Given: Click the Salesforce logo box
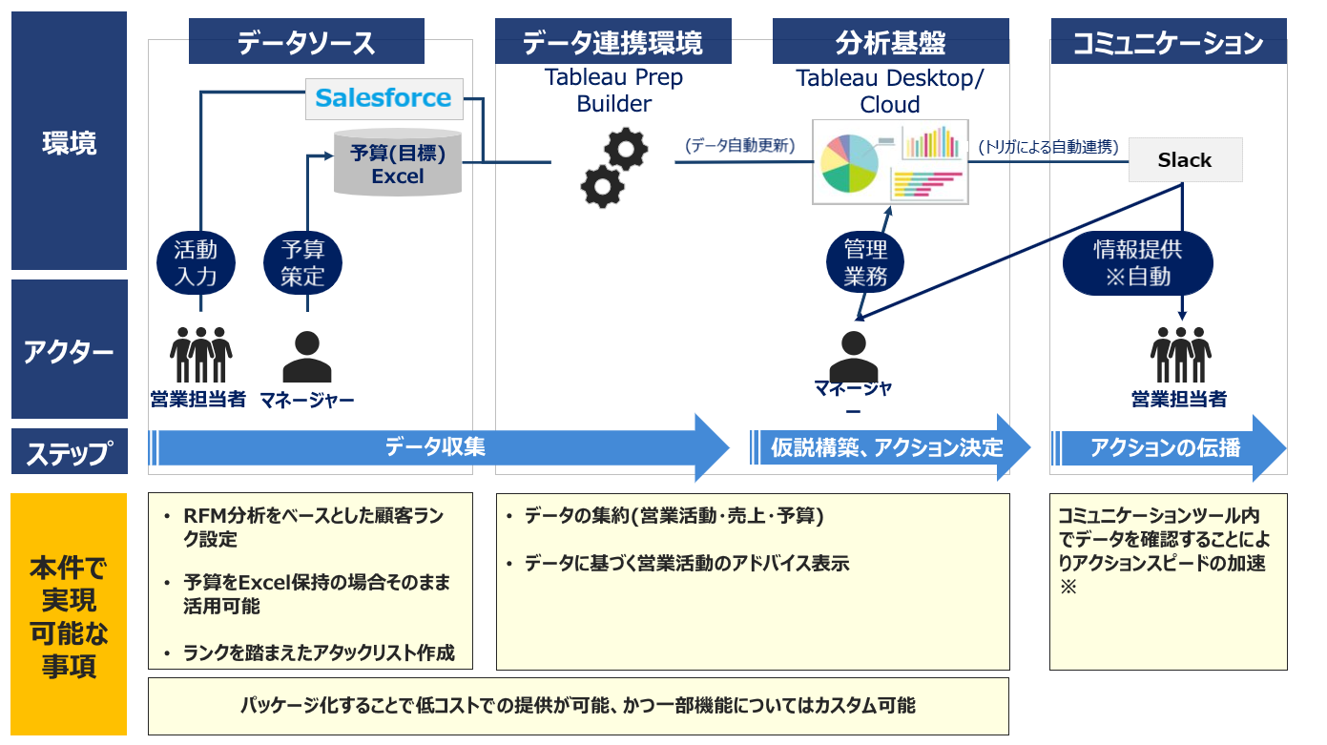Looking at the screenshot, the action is (x=384, y=99).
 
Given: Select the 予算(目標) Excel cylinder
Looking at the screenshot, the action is (x=398, y=162).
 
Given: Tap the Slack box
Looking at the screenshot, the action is (x=1186, y=160).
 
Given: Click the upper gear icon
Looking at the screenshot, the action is (x=626, y=149).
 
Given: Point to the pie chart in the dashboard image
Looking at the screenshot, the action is (x=849, y=163).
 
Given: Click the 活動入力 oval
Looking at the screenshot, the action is (x=196, y=263).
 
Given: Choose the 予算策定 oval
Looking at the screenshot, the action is (x=302, y=263).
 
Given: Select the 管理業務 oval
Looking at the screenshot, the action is (x=865, y=263).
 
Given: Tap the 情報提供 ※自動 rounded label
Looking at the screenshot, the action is (x=1138, y=263).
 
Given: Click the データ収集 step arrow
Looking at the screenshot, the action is (x=439, y=447).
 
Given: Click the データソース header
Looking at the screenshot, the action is (x=306, y=41).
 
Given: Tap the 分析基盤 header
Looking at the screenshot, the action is (x=891, y=41).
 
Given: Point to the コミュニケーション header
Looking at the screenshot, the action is (x=1169, y=41).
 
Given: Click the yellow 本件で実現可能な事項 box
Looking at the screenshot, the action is (x=69, y=614).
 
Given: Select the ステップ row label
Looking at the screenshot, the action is (x=70, y=451).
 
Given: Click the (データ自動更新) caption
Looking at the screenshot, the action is (x=740, y=146).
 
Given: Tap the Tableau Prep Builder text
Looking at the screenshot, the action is (x=613, y=90).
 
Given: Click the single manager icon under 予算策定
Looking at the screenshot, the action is (x=307, y=357).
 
